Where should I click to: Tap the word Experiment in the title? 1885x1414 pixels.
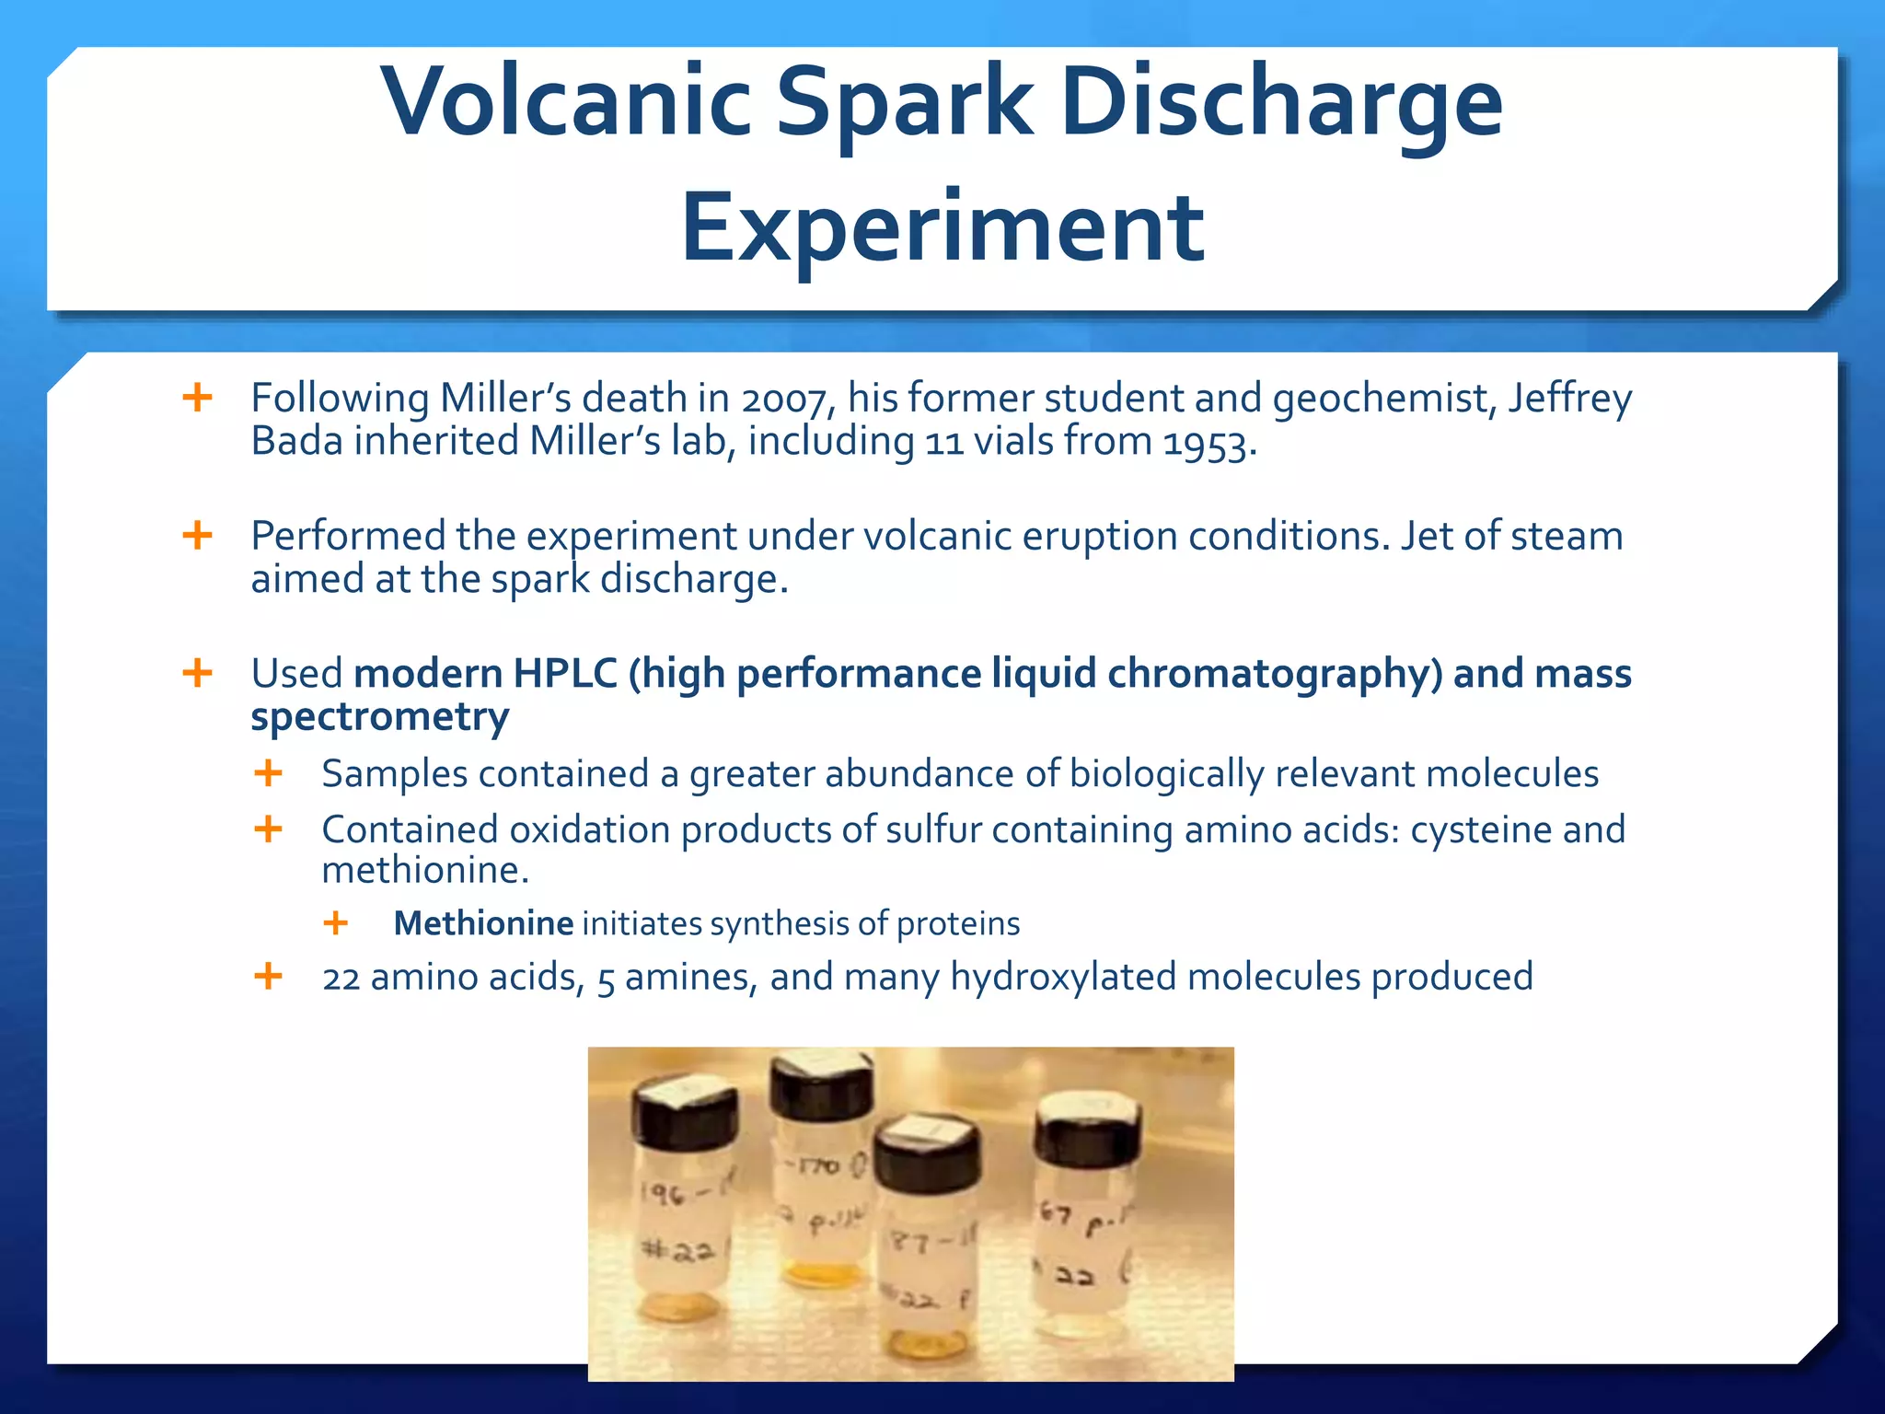(x=942, y=227)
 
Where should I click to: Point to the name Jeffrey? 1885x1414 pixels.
(x=1569, y=400)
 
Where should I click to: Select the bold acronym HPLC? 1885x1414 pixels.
(x=564, y=673)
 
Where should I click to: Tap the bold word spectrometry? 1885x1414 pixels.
(x=380, y=717)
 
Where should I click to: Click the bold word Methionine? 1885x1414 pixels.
(x=483, y=923)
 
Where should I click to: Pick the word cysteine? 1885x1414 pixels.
(x=1481, y=829)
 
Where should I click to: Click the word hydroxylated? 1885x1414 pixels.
(x=1063, y=977)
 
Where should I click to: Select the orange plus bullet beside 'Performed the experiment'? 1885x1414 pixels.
(x=198, y=535)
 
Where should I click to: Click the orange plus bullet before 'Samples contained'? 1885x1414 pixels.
(x=268, y=773)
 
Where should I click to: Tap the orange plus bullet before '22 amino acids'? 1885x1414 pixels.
(x=268, y=976)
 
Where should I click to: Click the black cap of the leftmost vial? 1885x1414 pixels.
(x=685, y=1117)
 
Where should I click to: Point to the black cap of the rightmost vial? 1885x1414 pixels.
(x=1087, y=1135)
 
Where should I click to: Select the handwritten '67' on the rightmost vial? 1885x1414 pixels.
(x=1056, y=1213)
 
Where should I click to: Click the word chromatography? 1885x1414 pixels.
(x=1274, y=674)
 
